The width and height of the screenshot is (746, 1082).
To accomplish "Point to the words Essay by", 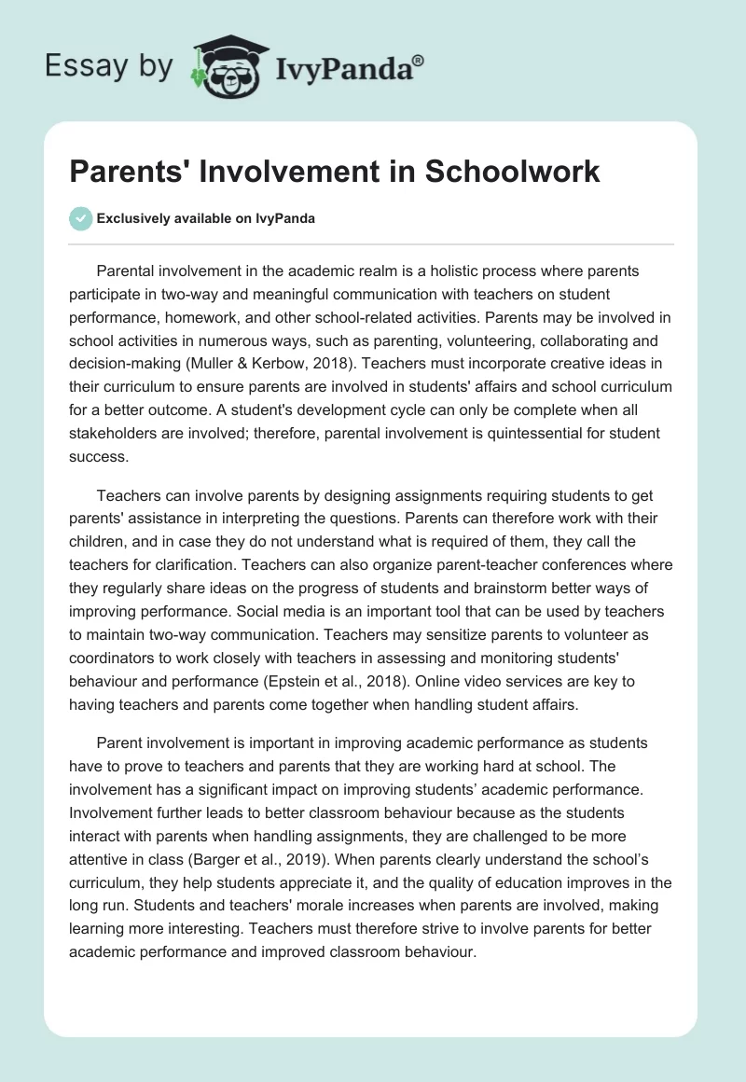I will tap(106, 66).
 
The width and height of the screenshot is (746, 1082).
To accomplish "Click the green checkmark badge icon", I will tap(80, 218).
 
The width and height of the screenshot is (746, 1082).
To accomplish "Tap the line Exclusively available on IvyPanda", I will tap(206, 218).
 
